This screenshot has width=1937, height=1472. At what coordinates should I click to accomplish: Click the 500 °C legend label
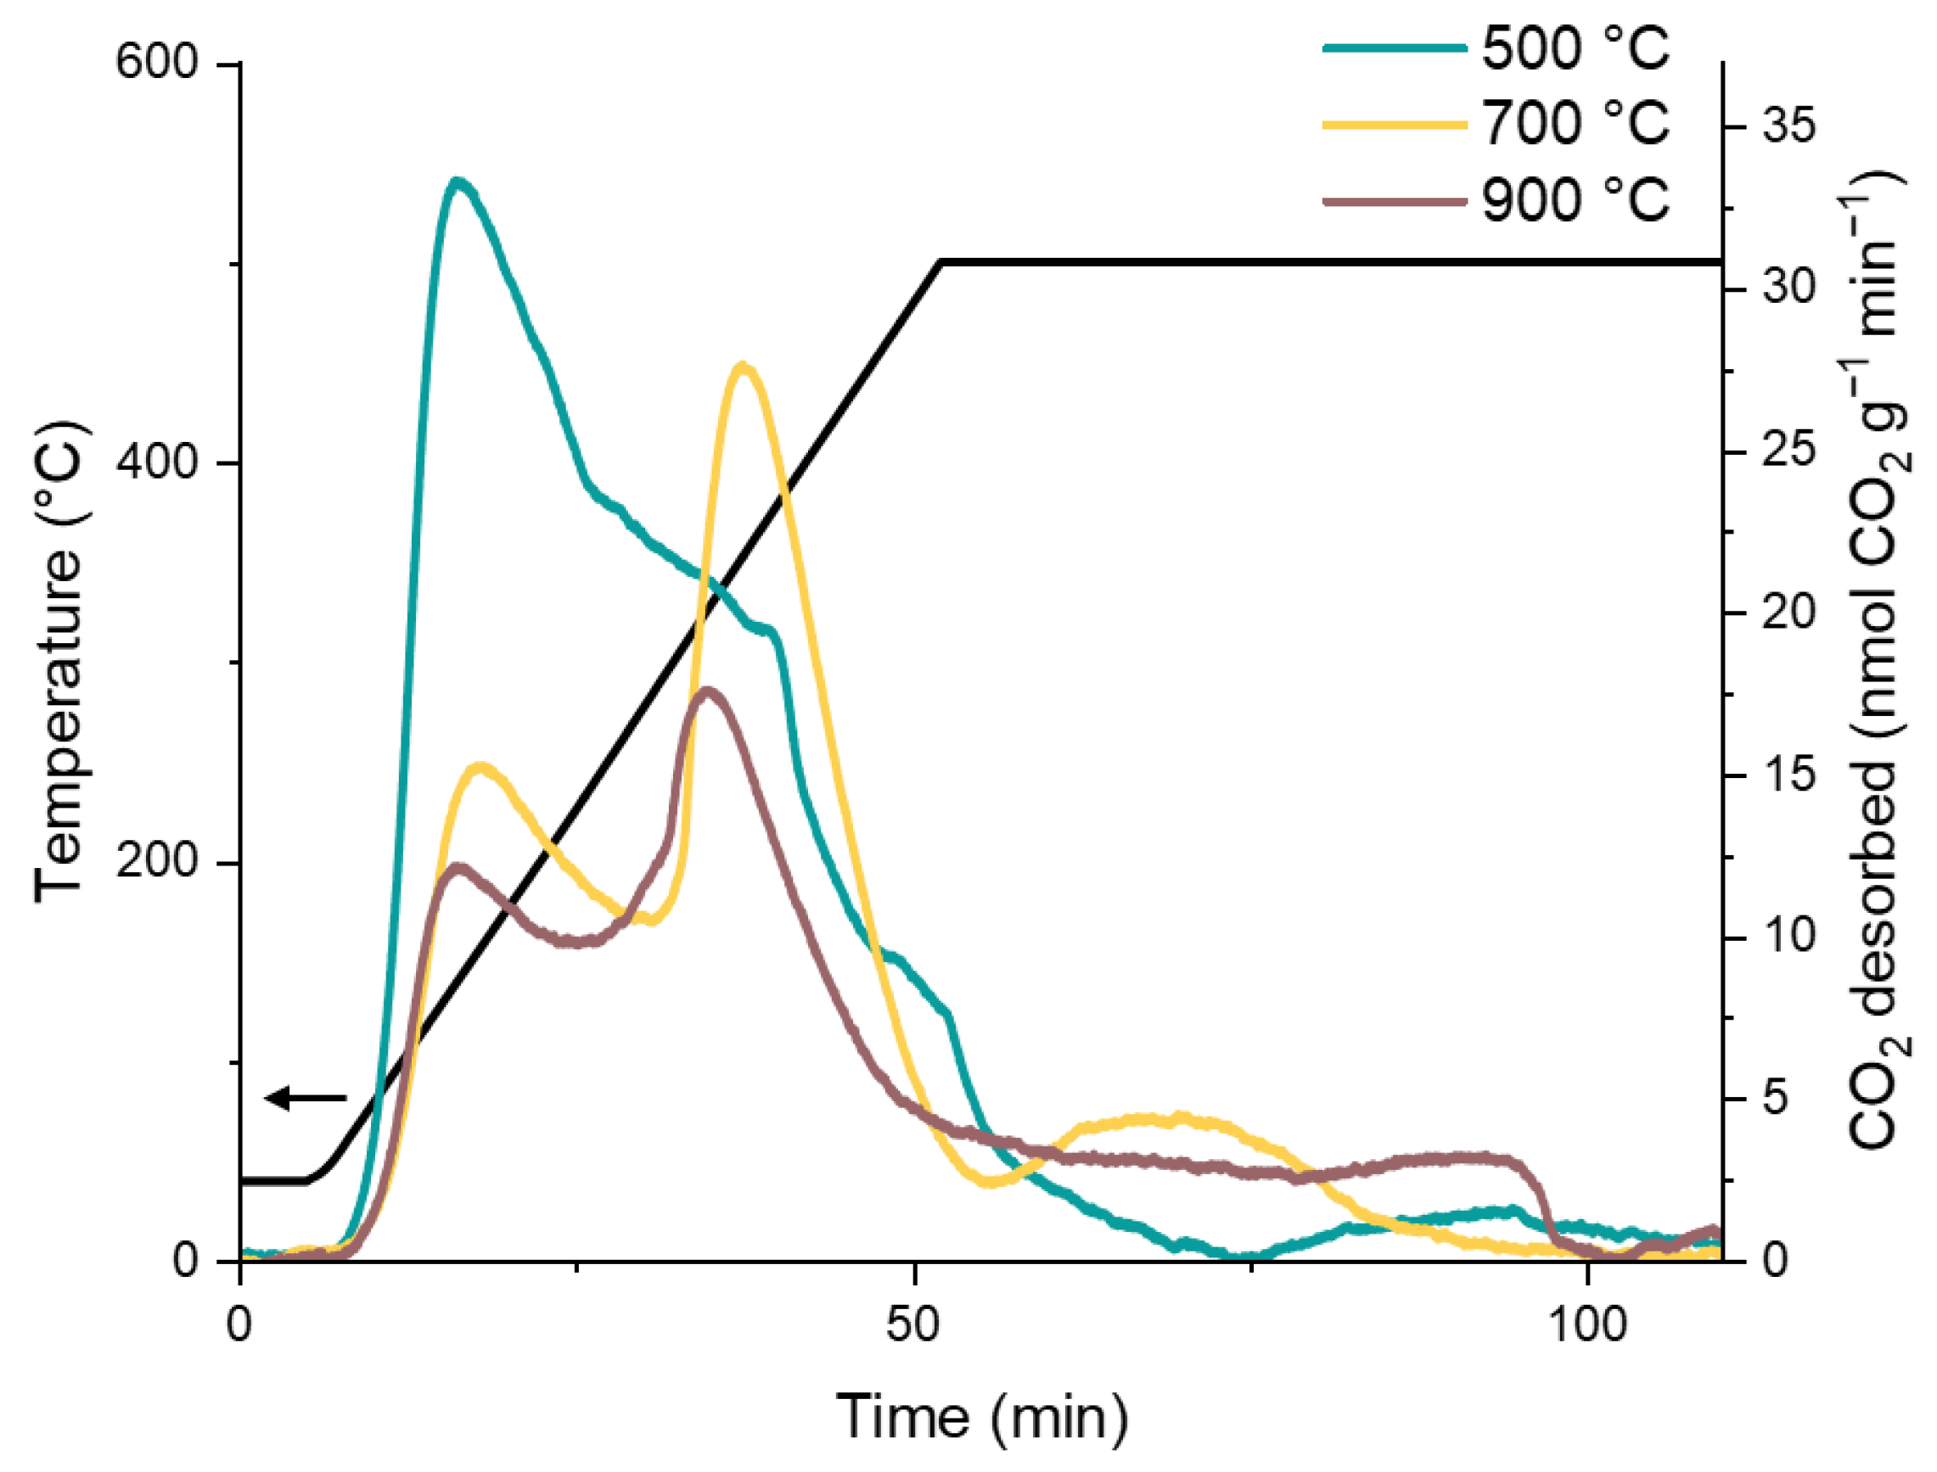pos(1575,48)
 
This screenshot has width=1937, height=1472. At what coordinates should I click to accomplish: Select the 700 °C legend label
pos(1575,123)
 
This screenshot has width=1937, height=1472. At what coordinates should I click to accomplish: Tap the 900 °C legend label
pos(1575,199)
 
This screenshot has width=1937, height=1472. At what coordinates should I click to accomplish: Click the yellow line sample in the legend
pos(1394,125)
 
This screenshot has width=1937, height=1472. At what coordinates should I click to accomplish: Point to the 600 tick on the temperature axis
pos(158,63)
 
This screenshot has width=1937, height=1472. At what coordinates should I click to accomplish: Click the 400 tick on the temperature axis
pos(158,462)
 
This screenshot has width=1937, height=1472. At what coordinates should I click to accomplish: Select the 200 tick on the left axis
pos(158,862)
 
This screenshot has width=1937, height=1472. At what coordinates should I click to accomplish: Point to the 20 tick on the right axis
pos(1788,612)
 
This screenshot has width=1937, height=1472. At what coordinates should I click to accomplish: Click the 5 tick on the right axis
pos(1774,1098)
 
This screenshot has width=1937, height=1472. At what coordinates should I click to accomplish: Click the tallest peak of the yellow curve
pos(743,366)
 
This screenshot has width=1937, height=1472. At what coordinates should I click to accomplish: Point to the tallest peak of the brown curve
pos(708,691)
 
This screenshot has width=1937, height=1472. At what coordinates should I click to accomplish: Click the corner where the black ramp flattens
pos(940,261)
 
